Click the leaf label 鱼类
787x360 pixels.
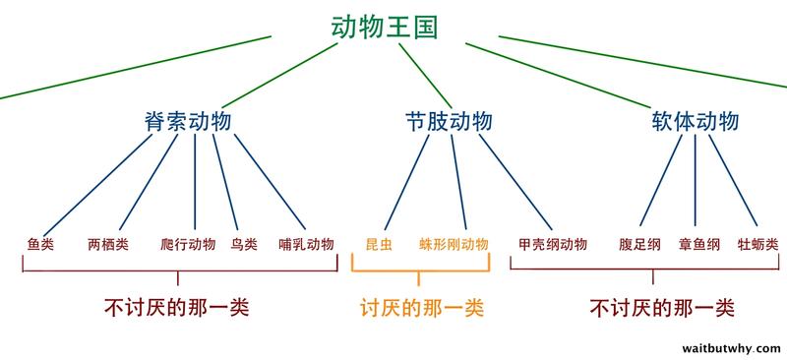coord(40,244)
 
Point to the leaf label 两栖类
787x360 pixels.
coord(108,244)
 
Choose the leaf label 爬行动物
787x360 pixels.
coord(187,244)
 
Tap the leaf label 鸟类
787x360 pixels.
coord(243,244)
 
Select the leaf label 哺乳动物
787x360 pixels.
coord(306,244)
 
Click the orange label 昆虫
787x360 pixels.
coord(379,244)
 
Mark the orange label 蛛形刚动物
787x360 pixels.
coord(454,244)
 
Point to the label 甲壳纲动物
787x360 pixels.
coord(553,244)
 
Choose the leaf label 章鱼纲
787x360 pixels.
coord(699,244)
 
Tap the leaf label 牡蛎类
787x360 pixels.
coord(757,244)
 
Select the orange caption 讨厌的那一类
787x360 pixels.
coord(422,307)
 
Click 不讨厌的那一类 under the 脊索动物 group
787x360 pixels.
coord(176,307)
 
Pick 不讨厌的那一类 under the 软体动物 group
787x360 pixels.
coord(663,307)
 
